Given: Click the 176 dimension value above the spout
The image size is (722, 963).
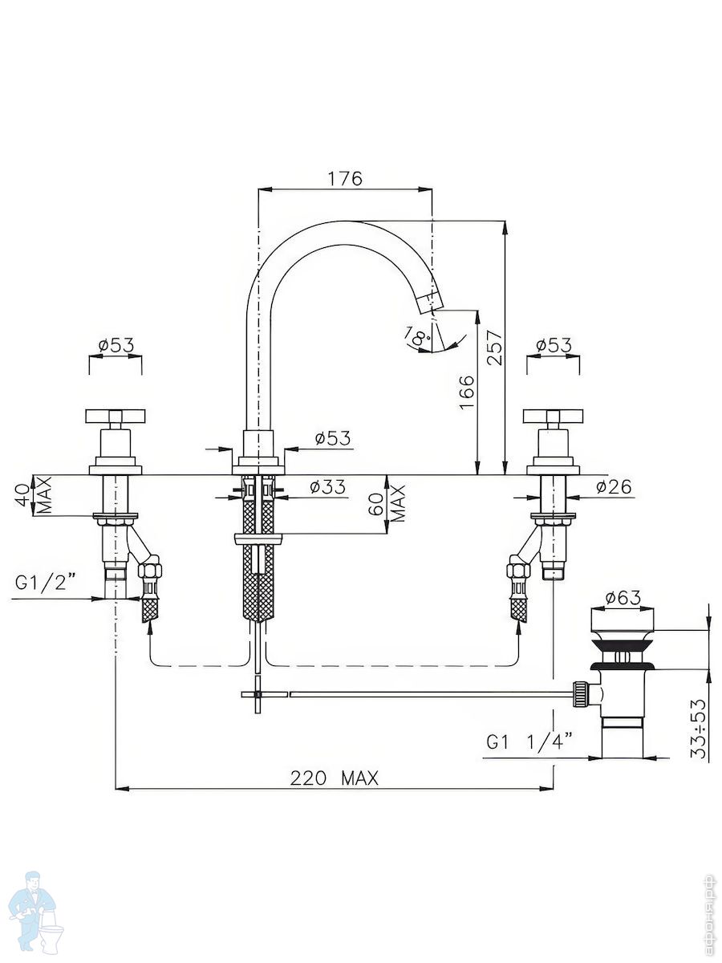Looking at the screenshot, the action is coord(346,179).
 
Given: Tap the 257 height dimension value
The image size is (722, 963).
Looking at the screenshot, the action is coord(495,347).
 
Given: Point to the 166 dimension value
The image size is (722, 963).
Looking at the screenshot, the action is coord(467,392).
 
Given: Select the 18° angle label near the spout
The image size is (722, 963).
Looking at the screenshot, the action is coord(418,336).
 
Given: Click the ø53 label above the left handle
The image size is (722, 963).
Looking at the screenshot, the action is coord(116,345).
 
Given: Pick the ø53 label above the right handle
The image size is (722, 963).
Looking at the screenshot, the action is coord(554,345).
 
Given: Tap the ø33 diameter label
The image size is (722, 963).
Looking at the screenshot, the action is coord(327,486).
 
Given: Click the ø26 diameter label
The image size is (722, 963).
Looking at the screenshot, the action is coord(615,486).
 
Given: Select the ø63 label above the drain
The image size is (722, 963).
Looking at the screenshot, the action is coord(623,598).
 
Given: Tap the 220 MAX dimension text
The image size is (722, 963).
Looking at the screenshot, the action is coord(334,778).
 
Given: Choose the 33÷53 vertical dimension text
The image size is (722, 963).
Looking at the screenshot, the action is coord(699,728).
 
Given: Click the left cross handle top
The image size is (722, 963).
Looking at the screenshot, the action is coord(115,416).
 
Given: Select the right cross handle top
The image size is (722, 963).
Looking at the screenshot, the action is coord(553,416).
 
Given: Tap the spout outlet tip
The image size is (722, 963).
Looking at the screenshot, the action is coord(432,303).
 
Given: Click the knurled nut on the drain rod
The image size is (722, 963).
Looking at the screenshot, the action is coord(580,693).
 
